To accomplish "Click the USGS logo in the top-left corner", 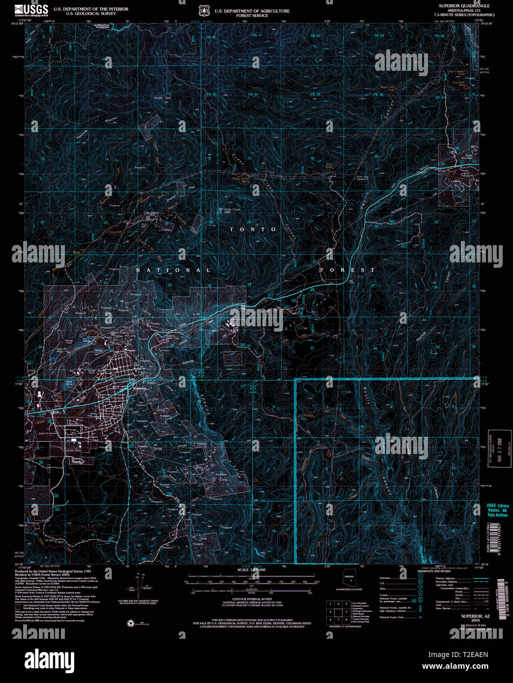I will point(31,10).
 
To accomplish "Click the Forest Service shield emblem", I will point(203,10).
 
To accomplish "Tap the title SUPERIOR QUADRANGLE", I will point(464,6).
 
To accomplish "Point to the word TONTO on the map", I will point(254,229).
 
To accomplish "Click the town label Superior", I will point(140,388).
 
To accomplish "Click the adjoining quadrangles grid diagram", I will point(338,612).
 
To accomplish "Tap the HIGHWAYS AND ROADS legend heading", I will point(434,571).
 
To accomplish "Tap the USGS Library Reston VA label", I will point(497,510).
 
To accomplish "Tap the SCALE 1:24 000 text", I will point(251,569).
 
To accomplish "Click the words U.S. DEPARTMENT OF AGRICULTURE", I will point(252,11).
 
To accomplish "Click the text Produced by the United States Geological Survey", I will point(53,571).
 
